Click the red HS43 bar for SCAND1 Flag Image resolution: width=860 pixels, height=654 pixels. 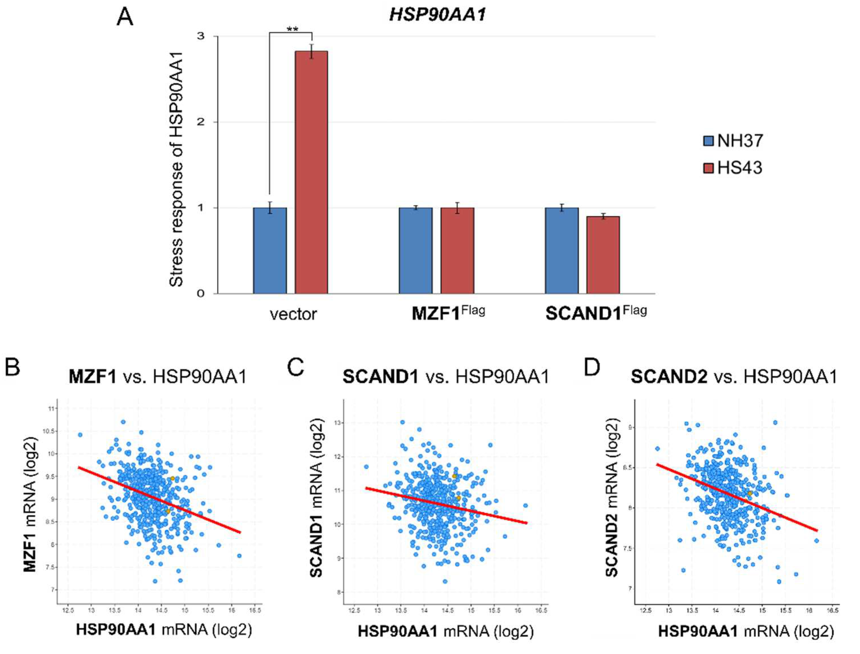click(603, 255)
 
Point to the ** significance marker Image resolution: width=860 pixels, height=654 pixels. click(292, 29)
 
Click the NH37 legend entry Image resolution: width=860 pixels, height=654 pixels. click(733, 140)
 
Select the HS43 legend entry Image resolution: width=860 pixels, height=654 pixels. click(733, 168)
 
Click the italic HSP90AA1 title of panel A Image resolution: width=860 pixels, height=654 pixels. click(438, 15)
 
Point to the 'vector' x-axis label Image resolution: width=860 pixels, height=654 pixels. click(293, 314)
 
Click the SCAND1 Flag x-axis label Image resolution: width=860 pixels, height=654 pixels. click(596, 313)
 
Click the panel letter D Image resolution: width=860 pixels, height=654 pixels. click(592, 367)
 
